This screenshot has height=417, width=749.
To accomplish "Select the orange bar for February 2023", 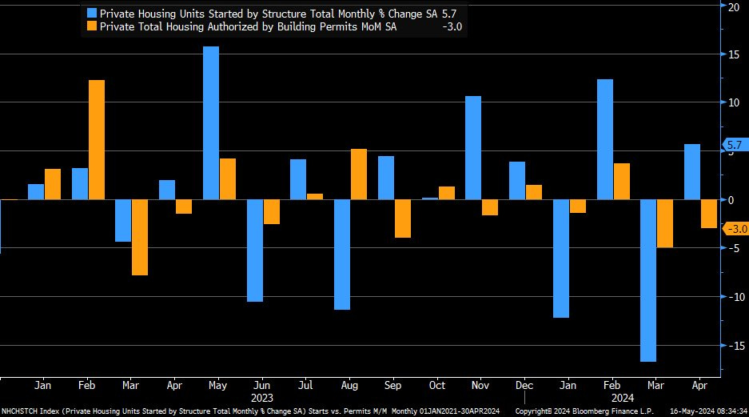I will pos(97,139).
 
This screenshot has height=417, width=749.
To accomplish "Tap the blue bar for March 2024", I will pos(648,280).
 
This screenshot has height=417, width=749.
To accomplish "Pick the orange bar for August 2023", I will pos(359,174).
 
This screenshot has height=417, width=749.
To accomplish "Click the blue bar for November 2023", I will pos(473,147).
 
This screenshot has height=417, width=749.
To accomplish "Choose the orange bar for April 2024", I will pos(709,214).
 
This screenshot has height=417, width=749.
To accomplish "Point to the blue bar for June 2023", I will pos(255,251).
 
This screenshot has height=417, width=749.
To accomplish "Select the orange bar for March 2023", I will pos(140,237).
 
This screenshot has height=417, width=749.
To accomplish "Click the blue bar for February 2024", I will pos(604,139).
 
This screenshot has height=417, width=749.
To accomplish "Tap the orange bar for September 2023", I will pos(402,219).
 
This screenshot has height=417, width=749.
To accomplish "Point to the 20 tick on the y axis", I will pos(735,6).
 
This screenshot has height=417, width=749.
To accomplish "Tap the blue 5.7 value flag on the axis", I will pos(734,145).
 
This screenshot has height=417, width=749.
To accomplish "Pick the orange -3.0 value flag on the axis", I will pos(734,229).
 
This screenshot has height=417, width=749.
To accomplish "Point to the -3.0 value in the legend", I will pos(452,26).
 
